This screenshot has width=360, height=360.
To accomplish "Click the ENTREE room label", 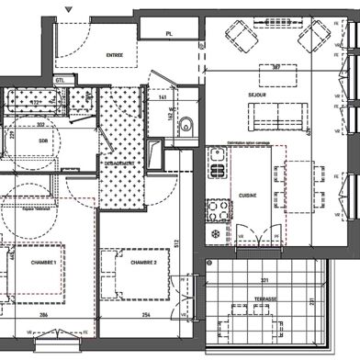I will click(115, 54).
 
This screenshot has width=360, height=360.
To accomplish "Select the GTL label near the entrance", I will click(60, 81).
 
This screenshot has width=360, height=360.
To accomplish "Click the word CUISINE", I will click(248, 196).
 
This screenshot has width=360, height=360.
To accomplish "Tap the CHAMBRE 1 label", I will click(44, 264).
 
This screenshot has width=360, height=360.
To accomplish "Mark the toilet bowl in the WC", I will click(186, 125).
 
